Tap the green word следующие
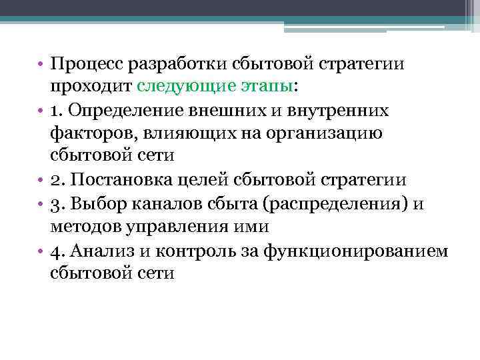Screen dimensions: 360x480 click(x=178, y=87)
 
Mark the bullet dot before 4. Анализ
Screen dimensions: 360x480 click(x=41, y=251)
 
